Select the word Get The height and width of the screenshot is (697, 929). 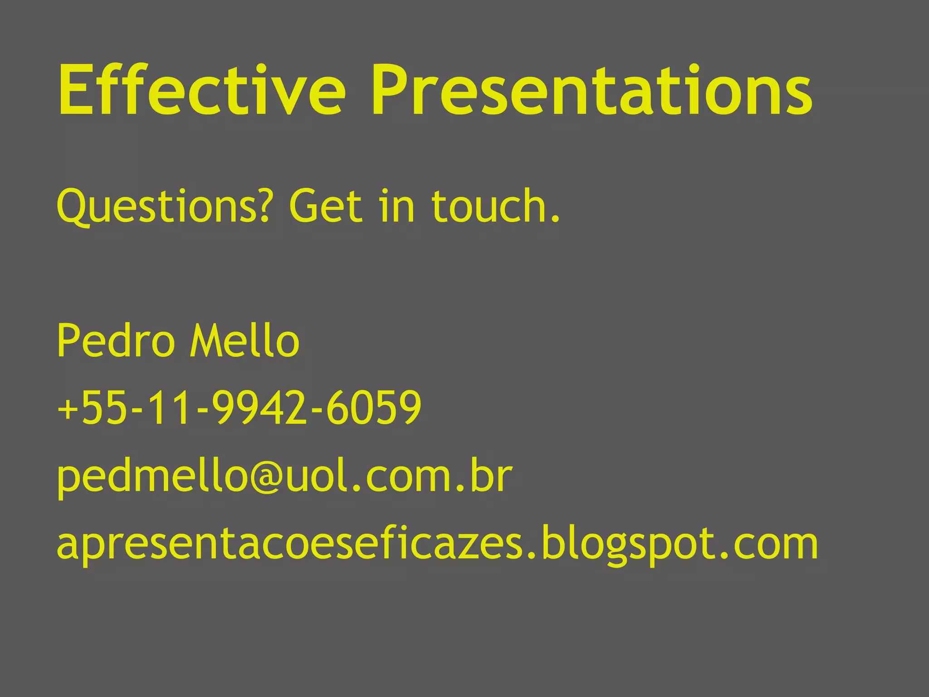(x=326, y=206)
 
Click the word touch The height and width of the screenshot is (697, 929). (x=490, y=206)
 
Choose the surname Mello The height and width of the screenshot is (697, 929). (x=245, y=340)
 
